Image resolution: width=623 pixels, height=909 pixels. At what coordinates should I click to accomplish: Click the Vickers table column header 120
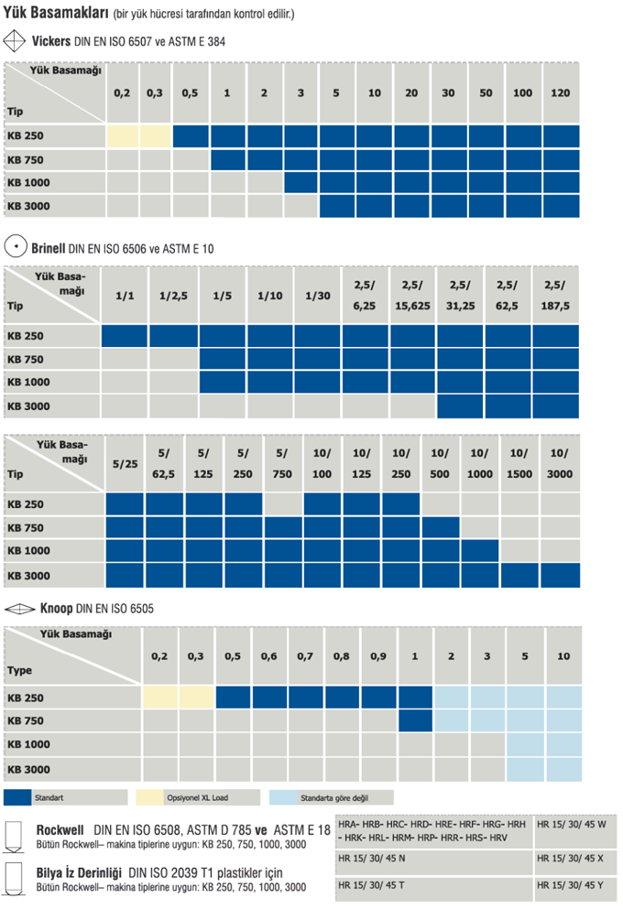pos(561,93)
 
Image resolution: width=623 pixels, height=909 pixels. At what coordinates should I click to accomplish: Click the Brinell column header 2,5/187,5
pos(556,295)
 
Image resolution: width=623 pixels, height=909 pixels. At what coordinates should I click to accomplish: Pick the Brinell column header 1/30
pos(318,295)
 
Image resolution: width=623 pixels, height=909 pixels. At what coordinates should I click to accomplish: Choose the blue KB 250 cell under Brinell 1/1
pos(125,335)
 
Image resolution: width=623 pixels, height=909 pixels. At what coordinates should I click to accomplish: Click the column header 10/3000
pos(559,464)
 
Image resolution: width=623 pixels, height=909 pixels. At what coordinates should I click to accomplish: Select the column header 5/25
pos(125,464)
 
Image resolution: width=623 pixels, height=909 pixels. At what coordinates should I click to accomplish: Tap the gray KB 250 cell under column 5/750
pos(283,503)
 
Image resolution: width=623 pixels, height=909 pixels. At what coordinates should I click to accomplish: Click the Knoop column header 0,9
pos(377,656)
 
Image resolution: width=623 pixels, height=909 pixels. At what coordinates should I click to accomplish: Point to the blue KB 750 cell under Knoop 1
pos(415,720)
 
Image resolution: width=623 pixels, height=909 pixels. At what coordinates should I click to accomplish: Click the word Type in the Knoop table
pos(19,670)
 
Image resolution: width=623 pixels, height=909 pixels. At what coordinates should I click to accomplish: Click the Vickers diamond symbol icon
pos(15,41)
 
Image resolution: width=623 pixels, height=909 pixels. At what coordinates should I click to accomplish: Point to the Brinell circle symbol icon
pos(15,247)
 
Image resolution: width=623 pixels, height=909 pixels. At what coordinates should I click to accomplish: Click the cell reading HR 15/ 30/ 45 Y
pos(569,885)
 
